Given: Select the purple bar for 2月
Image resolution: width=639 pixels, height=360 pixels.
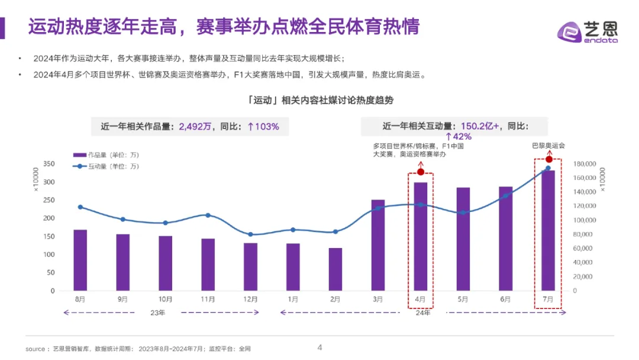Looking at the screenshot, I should click(335, 269).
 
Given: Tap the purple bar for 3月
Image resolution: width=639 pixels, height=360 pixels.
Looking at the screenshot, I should click(378, 245).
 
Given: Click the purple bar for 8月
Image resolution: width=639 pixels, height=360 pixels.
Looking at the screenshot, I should click(80, 261).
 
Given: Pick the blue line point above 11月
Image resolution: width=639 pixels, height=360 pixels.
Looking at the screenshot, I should click(208, 215).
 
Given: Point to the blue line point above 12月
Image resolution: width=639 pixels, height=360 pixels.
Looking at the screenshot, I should click(250, 234).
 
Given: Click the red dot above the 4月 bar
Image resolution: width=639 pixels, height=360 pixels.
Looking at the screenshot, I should click(421, 172).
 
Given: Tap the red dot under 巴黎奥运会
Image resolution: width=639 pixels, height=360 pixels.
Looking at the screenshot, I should click(548, 159).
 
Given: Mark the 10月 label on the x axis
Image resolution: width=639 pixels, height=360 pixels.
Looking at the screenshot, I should click(165, 300).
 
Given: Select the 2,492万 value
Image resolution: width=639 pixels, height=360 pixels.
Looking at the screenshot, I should click(195, 126).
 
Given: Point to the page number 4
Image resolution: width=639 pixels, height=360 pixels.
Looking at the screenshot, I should click(319, 348).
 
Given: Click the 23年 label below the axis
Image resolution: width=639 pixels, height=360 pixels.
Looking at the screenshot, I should click(158, 312).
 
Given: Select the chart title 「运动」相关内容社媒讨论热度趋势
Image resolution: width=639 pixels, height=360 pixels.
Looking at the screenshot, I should click(319, 101).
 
